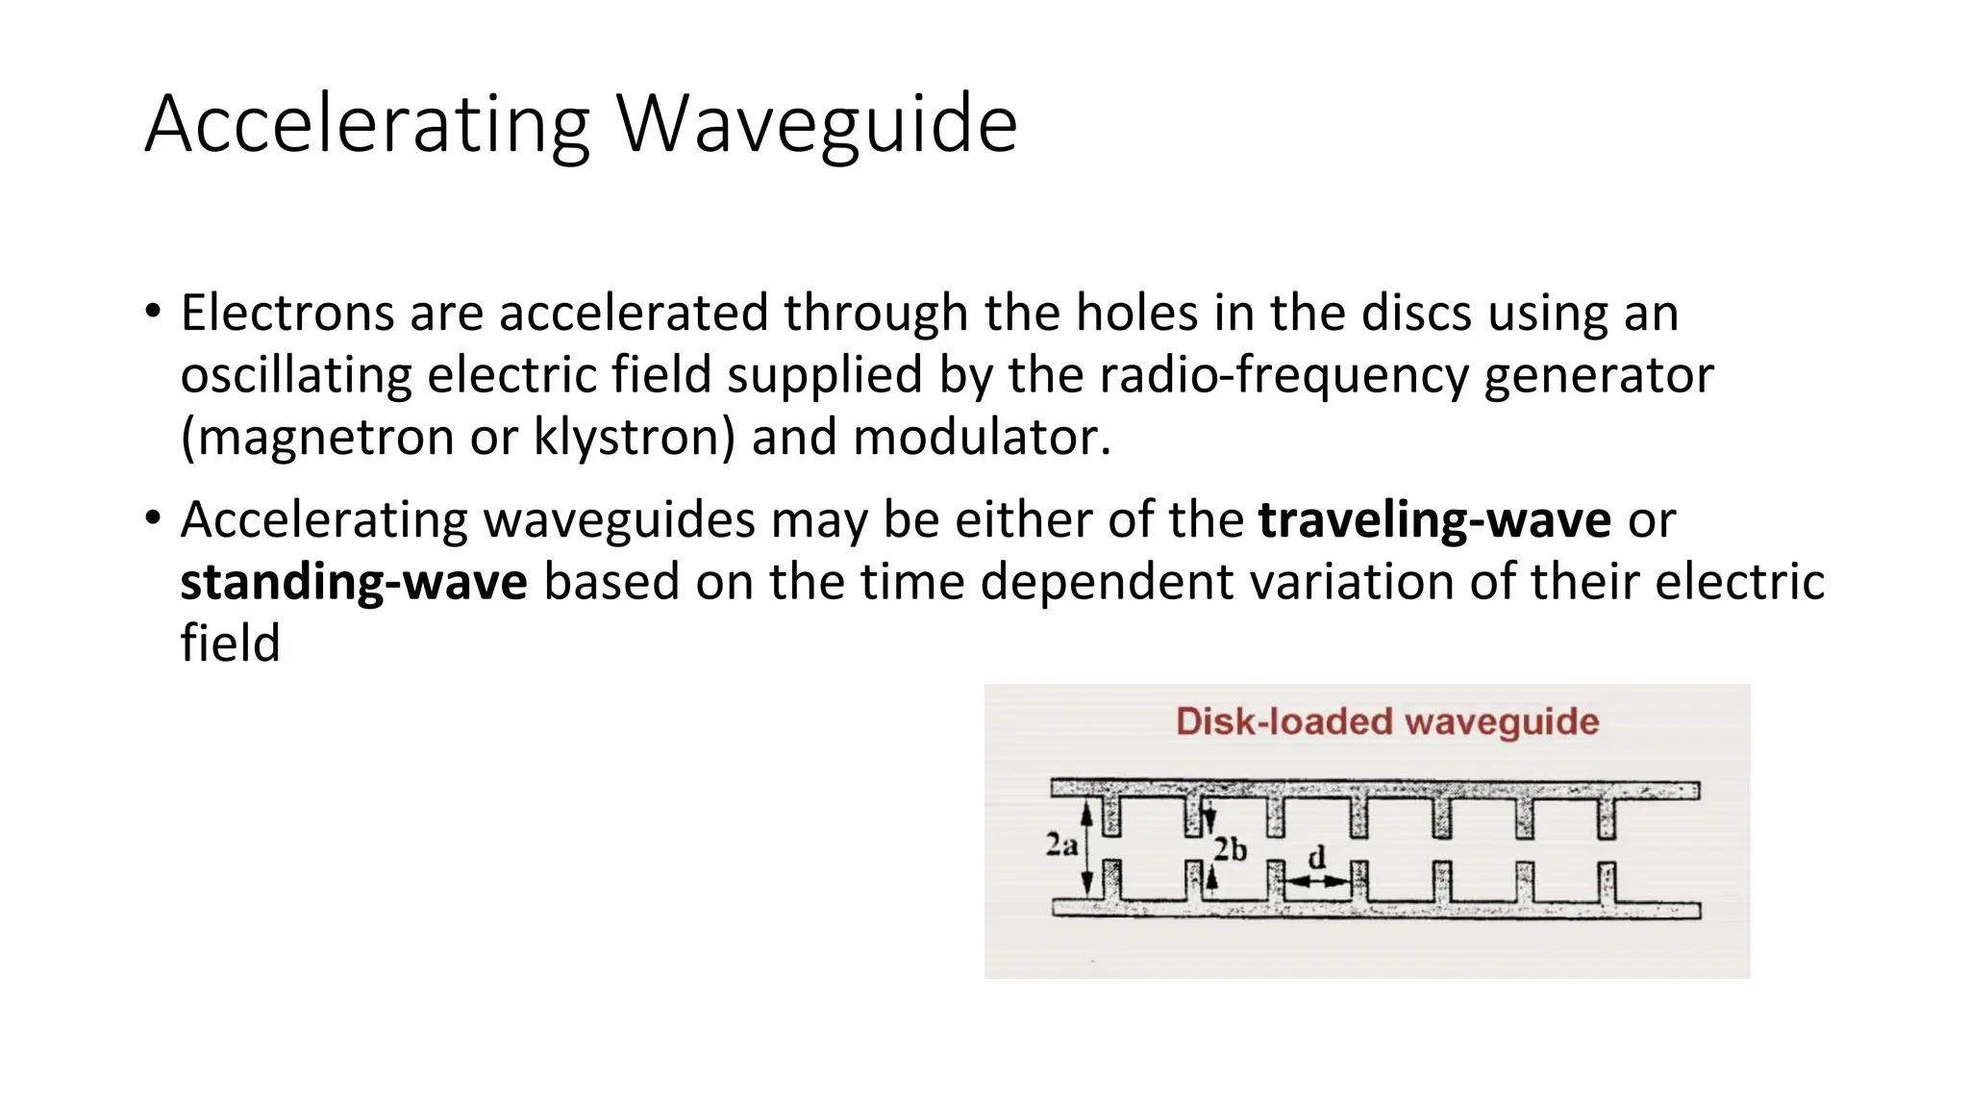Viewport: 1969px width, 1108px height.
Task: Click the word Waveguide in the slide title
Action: point(816,124)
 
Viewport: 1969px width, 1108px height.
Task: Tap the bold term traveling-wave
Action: point(1434,520)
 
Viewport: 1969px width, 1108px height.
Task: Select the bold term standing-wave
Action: point(353,582)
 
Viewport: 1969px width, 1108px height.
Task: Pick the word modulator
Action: point(982,438)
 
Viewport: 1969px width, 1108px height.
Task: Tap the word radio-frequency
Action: point(1284,375)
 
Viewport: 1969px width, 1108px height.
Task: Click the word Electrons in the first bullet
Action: point(287,314)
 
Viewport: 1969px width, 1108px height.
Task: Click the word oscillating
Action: point(295,375)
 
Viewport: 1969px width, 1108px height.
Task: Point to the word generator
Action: point(1599,375)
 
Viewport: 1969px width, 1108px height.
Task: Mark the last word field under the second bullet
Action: point(230,643)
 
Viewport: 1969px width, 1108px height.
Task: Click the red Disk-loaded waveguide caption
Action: point(1386,721)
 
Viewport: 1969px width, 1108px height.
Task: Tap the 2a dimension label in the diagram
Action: point(1060,845)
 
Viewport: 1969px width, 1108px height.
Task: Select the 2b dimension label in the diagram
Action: point(1230,850)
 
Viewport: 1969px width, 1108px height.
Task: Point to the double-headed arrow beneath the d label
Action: point(1317,880)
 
